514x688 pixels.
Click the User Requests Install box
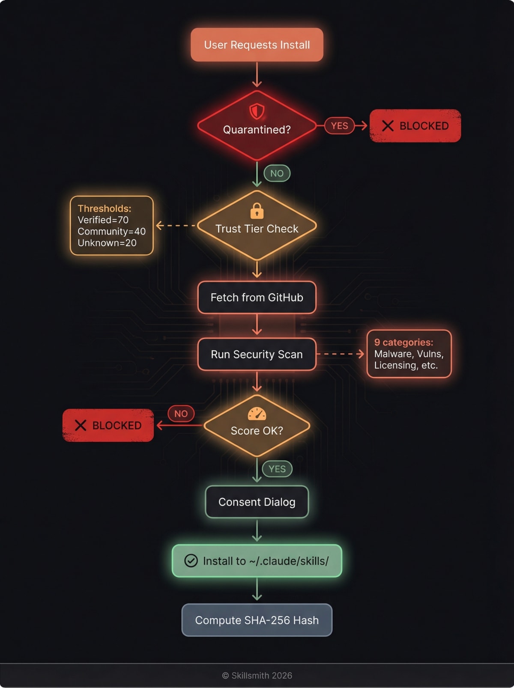pos(257,45)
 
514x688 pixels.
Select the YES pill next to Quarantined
pos(339,126)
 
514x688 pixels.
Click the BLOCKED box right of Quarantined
pos(415,126)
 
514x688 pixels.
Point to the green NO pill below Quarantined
pos(277,173)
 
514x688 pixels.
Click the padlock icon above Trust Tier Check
pos(257,211)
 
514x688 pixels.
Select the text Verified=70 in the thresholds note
pos(103,220)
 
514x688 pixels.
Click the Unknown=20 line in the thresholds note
pos(107,243)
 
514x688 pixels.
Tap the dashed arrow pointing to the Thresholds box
pos(176,225)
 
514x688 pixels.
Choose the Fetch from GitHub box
pos(257,298)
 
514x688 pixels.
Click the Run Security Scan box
pos(257,354)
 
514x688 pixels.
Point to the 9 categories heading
pos(403,343)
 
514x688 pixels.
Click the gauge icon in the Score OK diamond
pos(257,414)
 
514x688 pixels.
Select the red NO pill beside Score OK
pos(181,414)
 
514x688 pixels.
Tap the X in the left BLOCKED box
pos(81,425)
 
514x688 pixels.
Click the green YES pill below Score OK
pos(277,469)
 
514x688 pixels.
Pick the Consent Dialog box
pos(257,502)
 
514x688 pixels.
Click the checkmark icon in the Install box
pos(191,560)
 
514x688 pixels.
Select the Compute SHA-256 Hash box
pos(257,620)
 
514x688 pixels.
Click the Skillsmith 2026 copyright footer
pos(257,675)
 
